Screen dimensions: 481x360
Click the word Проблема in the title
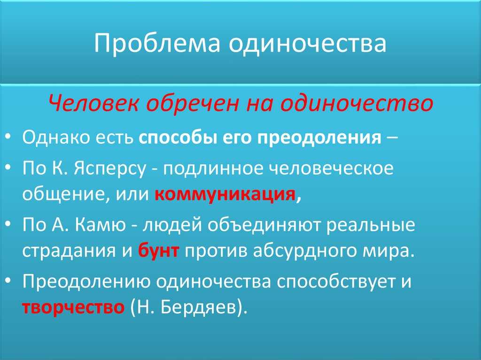[157, 43]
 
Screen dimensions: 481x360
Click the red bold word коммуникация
[225, 194]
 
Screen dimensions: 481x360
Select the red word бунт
[158, 251]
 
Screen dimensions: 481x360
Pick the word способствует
[334, 282]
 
